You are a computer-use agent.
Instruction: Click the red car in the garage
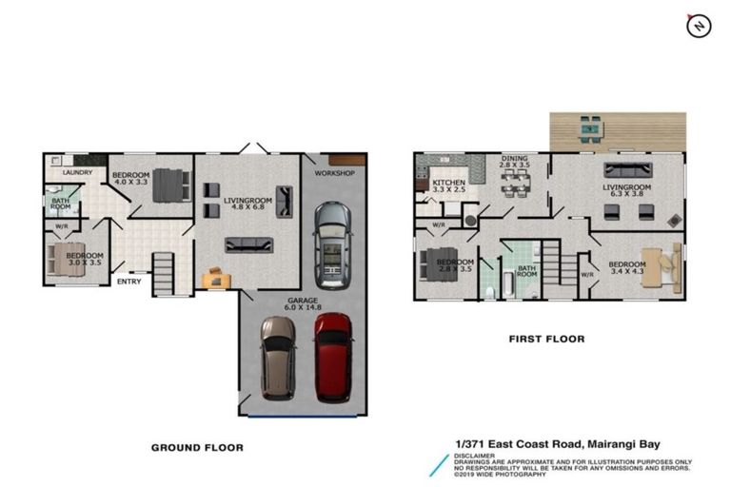point(333,357)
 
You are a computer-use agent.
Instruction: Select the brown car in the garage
point(279,359)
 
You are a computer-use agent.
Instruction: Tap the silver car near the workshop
point(331,244)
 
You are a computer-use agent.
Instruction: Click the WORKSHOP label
point(334,173)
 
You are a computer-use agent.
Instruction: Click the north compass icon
point(699,27)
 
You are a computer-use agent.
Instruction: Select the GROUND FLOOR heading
point(197,447)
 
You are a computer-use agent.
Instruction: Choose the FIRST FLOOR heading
point(546,339)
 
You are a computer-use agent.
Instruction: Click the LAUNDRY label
point(77,172)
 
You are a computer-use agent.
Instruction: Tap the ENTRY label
point(129,282)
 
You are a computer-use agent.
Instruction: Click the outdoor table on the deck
point(590,127)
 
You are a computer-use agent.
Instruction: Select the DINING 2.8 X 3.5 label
point(515,162)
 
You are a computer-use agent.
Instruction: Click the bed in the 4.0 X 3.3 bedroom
point(171,184)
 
